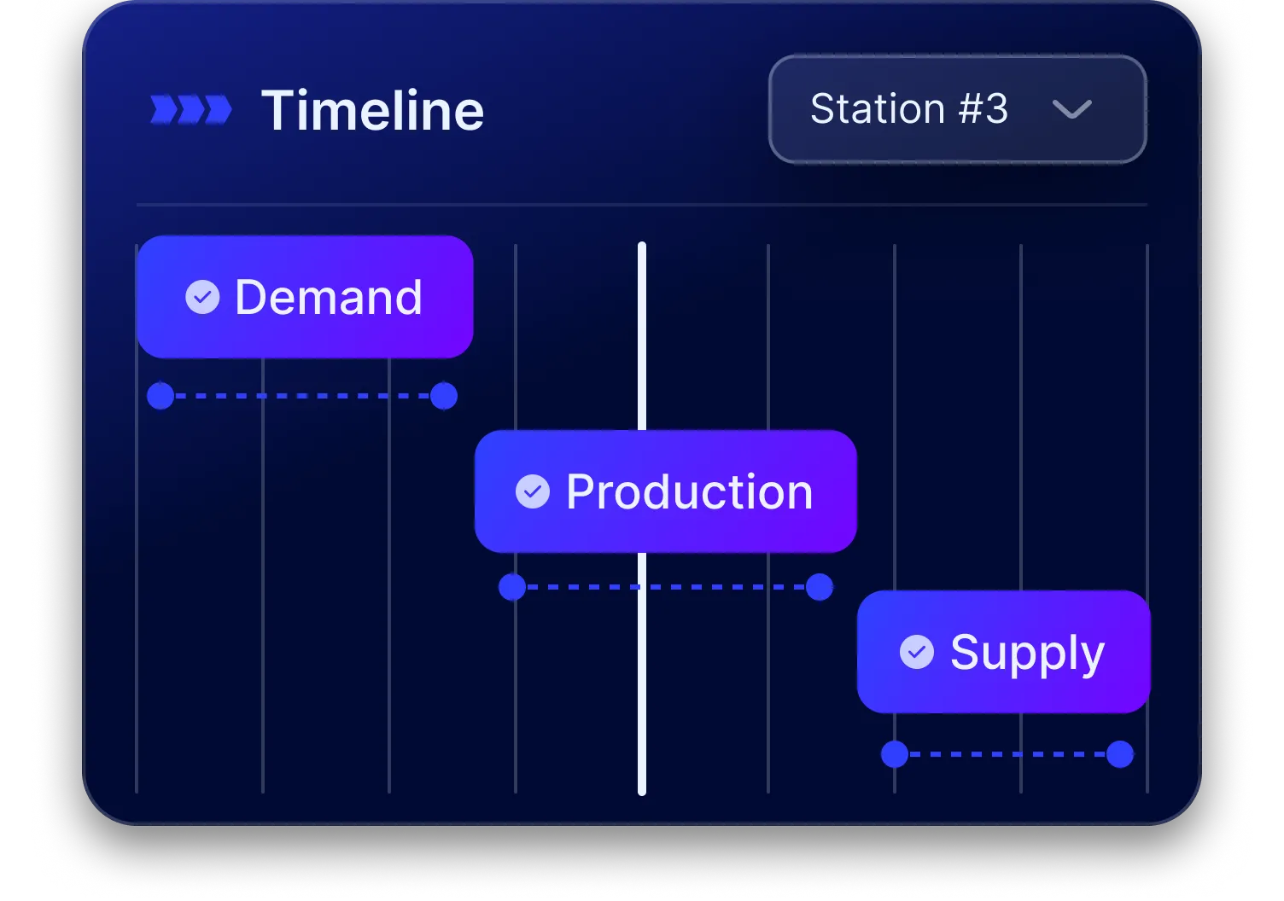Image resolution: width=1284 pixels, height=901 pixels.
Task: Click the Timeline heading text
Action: (372, 111)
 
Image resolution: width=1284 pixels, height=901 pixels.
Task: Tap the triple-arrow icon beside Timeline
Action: (191, 110)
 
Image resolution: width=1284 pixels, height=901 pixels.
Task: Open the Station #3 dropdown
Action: (956, 109)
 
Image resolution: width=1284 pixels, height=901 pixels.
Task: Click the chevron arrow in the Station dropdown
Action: (1071, 110)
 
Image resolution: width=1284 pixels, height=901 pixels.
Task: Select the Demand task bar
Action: (304, 297)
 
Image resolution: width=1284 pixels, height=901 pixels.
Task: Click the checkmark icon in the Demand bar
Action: (202, 297)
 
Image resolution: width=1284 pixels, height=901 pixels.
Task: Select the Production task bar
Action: (665, 491)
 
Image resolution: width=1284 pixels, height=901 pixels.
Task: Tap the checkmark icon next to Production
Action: (533, 491)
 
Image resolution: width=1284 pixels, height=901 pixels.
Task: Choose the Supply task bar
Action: (1003, 652)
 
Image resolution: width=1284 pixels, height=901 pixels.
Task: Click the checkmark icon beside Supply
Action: (916, 652)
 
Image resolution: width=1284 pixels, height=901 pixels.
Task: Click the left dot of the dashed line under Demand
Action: (160, 396)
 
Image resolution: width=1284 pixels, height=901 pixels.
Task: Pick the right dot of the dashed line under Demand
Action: (444, 396)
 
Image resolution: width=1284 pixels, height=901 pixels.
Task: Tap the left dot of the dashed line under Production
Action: (512, 587)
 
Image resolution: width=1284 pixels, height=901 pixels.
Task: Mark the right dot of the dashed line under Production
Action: (820, 587)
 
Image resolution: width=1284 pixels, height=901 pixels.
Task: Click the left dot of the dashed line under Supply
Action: (895, 754)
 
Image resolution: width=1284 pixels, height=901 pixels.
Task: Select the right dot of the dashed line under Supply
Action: (1120, 754)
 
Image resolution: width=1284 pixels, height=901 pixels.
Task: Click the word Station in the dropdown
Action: (877, 109)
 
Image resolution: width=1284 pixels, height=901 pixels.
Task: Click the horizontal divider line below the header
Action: (640, 205)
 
